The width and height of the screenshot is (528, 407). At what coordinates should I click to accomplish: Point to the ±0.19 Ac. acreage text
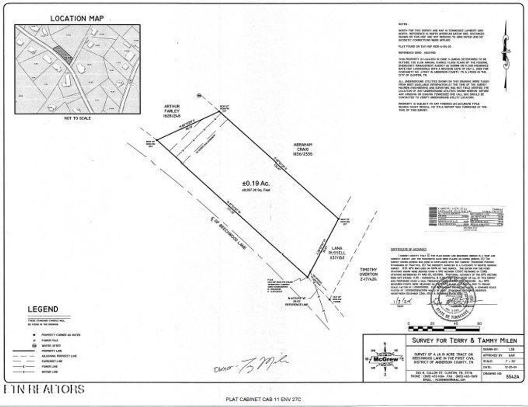pyautogui.click(x=256, y=183)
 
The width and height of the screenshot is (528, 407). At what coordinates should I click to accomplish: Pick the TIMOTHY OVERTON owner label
pyautogui.click(x=369, y=274)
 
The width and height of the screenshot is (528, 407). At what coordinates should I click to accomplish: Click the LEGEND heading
pyautogui.click(x=43, y=309)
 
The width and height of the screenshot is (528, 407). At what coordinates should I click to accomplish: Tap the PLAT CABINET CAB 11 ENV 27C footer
pyautogui.click(x=263, y=399)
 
